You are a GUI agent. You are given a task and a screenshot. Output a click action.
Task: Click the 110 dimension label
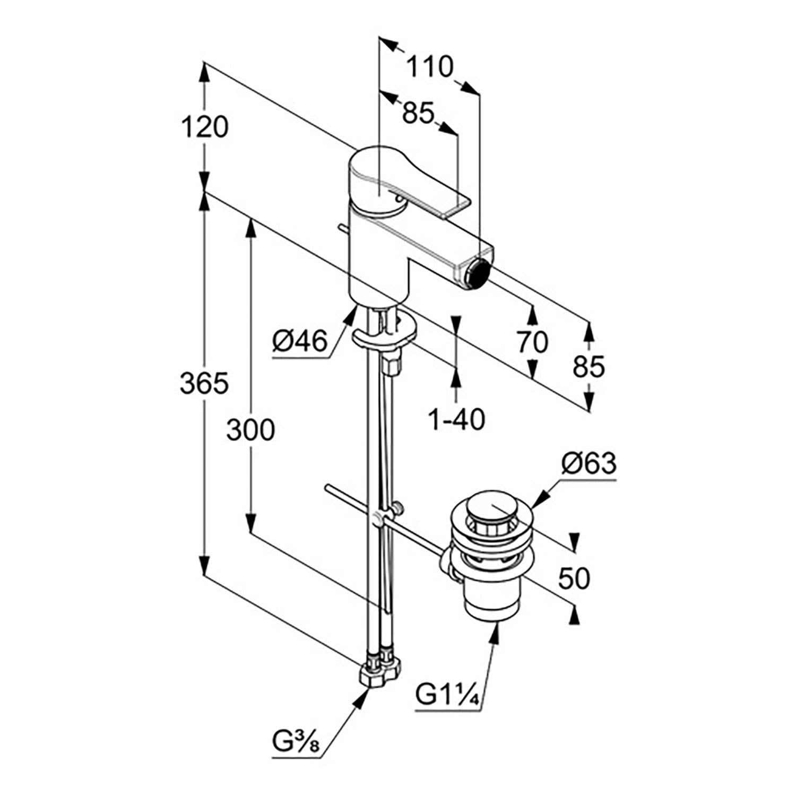[430, 67]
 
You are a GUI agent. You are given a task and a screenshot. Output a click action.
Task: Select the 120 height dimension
[204, 127]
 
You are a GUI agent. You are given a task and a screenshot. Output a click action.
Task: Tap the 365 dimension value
[204, 383]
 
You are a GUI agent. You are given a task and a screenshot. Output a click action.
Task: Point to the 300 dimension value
[250, 430]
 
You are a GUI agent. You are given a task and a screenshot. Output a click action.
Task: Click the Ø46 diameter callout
[300, 341]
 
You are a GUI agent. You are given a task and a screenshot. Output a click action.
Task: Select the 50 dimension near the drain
[574, 578]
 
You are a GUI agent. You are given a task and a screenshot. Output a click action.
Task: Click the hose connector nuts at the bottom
[380, 670]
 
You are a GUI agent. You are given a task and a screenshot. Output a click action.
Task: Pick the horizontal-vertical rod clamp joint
[379, 517]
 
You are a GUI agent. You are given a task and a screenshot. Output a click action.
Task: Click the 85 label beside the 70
[589, 366]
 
